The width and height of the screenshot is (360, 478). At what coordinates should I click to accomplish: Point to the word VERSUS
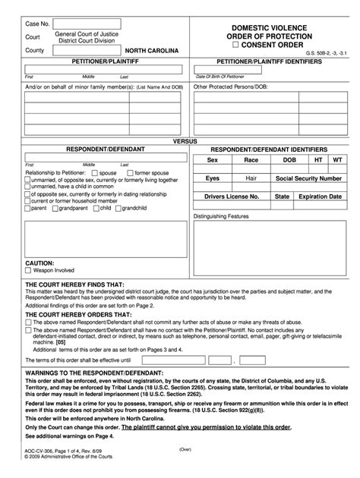coord(181,142)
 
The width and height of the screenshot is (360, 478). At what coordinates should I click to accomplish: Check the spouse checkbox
coord(94,173)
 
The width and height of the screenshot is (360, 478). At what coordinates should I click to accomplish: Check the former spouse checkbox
coord(131,173)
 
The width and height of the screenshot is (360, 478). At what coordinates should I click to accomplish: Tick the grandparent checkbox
coord(55,207)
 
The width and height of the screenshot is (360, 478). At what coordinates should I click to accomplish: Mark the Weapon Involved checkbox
coord(28,269)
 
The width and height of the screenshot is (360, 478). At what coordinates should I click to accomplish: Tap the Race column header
coord(251,161)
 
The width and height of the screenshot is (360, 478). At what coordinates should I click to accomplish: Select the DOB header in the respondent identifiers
coord(289,161)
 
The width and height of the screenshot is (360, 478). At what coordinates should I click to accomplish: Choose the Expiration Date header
coord(319,196)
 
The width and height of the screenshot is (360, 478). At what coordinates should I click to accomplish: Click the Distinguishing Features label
coord(226,216)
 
